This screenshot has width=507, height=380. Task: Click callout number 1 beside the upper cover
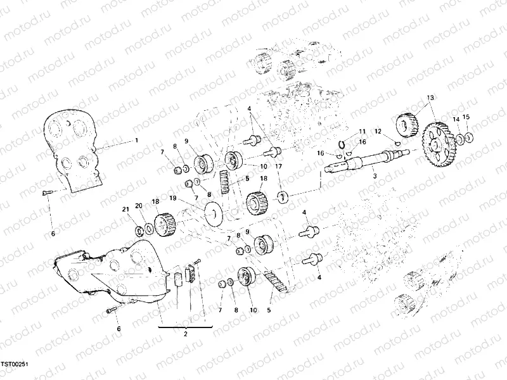click(x=135, y=139)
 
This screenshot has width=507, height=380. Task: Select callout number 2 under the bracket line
click(x=185, y=334)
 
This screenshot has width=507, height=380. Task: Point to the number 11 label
click(x=362, y=132)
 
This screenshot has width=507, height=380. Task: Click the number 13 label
click(x=430, y=98)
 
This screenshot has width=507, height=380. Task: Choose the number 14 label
click(x=456, y=119)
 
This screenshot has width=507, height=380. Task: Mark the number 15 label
click(x=466, y=117)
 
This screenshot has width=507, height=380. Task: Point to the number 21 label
click(x=125, y=209)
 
